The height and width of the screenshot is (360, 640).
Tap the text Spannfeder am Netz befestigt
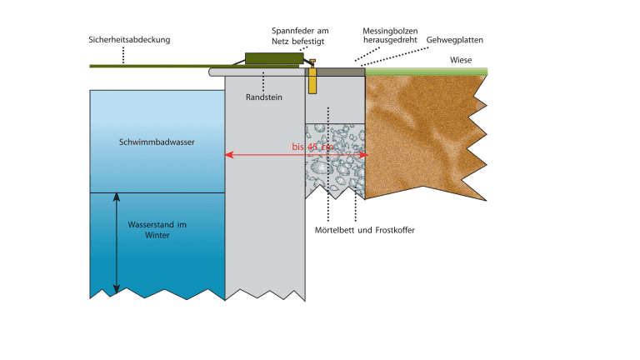(300, 34)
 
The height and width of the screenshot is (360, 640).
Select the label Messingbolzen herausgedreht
(389, 34)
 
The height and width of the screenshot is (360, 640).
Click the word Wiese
(461, 59)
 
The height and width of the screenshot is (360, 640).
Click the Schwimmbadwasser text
(157, 142)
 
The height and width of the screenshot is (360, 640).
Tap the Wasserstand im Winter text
(157, 230)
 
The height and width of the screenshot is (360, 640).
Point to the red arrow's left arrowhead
(229, 155)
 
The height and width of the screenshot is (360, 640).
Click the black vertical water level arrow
(117, 242)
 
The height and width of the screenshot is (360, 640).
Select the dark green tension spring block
(271, 60)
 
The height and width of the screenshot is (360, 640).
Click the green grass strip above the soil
(425, 72)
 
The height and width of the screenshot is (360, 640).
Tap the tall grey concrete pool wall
(265, 192)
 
